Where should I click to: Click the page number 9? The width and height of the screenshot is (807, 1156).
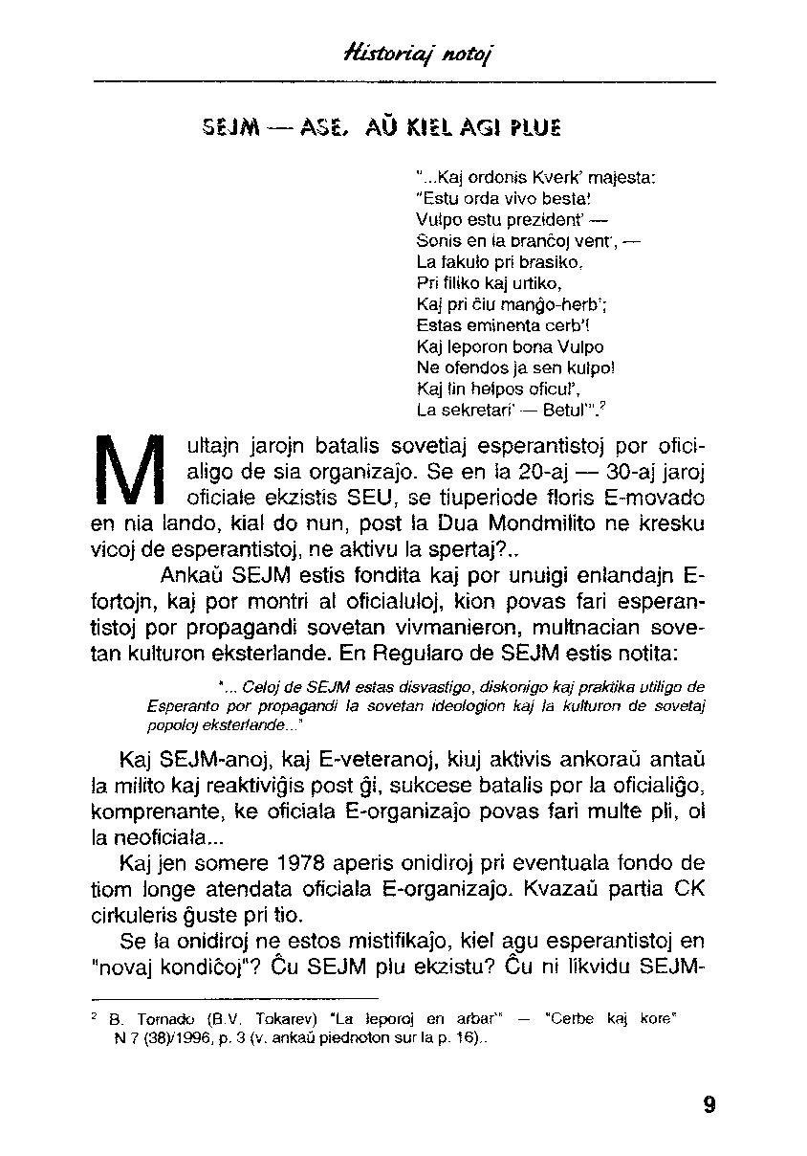click(x=708, y=1104)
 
